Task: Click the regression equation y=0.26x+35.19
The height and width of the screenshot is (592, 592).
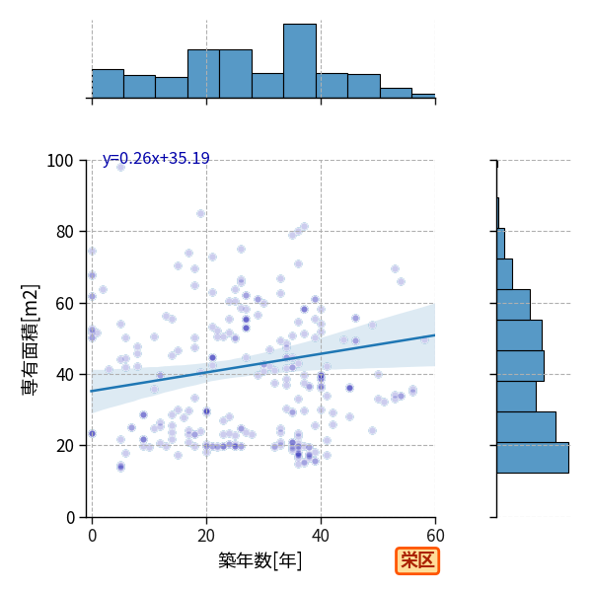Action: tap(156, 158)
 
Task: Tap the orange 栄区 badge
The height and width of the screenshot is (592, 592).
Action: tap(417, 560)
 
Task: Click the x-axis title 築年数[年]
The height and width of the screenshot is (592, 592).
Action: tap(259, 560)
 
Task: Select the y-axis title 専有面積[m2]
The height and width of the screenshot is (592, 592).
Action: tap(31, 339)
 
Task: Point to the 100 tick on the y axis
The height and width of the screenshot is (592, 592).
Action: tap(59, 161)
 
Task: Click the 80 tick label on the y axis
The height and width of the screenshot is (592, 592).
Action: tap(64, 232)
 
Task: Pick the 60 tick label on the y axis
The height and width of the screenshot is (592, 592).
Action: tap(64, 303)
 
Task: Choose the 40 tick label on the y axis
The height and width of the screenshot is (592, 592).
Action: tap(64, 375)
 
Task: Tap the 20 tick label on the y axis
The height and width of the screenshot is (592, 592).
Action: tap(64, 446)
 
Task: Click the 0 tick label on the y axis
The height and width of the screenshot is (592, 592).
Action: tap(70, 517)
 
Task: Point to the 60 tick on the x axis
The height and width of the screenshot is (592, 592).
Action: tap(436, 536)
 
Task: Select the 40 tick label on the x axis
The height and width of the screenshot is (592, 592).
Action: tap(321, 536)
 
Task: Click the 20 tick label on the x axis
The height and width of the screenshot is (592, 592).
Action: tap(206, 536)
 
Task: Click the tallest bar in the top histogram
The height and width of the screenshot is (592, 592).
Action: tap(300, 61)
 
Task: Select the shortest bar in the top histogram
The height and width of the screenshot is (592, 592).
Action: tap(423, 97)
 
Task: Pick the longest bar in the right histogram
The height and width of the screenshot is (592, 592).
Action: tap(533, 458)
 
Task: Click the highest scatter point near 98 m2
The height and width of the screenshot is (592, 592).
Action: tap(120, 167)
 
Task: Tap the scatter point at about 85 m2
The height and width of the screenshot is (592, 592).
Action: tap(200, 214)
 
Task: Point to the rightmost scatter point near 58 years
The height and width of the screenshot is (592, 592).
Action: tap(424, 339)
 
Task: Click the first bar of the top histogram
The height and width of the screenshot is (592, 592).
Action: tap(108, 84)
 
